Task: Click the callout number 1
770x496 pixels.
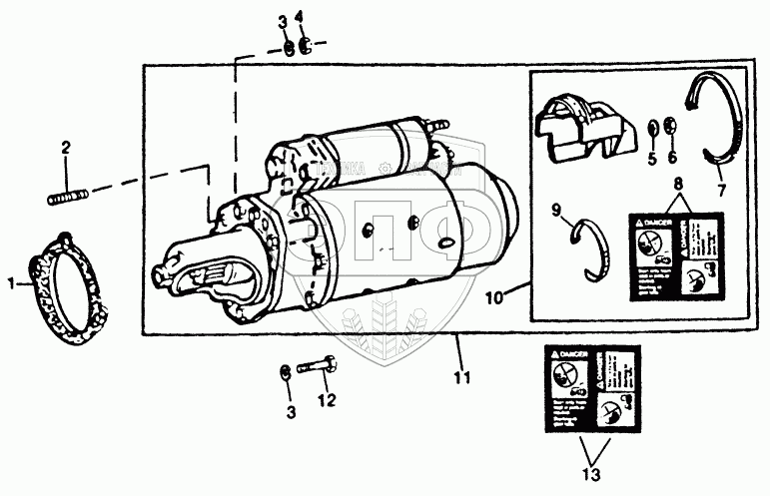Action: click(x=13, y=283)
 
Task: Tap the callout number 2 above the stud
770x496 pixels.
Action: click(x=66, y=150)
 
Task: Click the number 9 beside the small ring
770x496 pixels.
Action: click(x=557, y=210)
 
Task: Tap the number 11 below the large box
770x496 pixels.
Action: click(x=459, y=378)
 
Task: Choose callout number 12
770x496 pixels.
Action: click(x=323, y=401)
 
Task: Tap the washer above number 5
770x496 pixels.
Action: click(x=651, y=127)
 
